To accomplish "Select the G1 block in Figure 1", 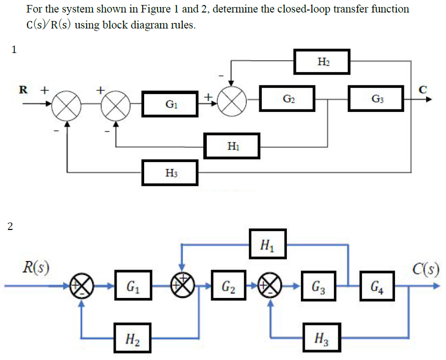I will (x=170, y=104).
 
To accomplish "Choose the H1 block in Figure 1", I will (x=232, y=146).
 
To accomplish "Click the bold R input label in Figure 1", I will (x=23, y=90).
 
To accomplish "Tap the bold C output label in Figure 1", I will (x=423, y=90).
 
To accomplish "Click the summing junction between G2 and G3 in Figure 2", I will (x=269, y=287).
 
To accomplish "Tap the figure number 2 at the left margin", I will (x=11, y=226).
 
